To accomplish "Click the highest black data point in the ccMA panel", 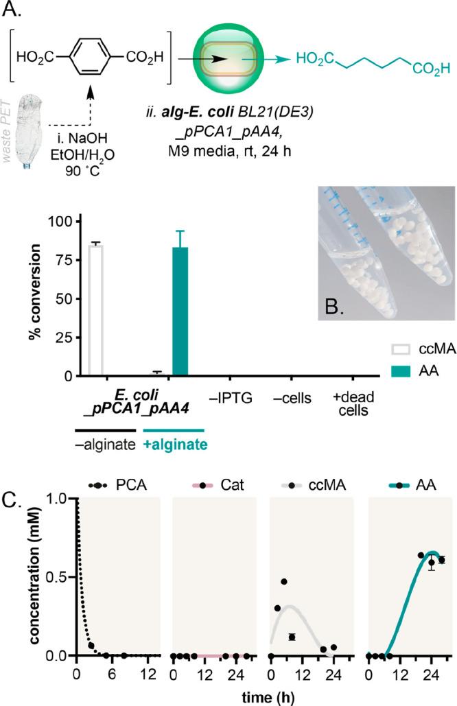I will coord(284,582).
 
